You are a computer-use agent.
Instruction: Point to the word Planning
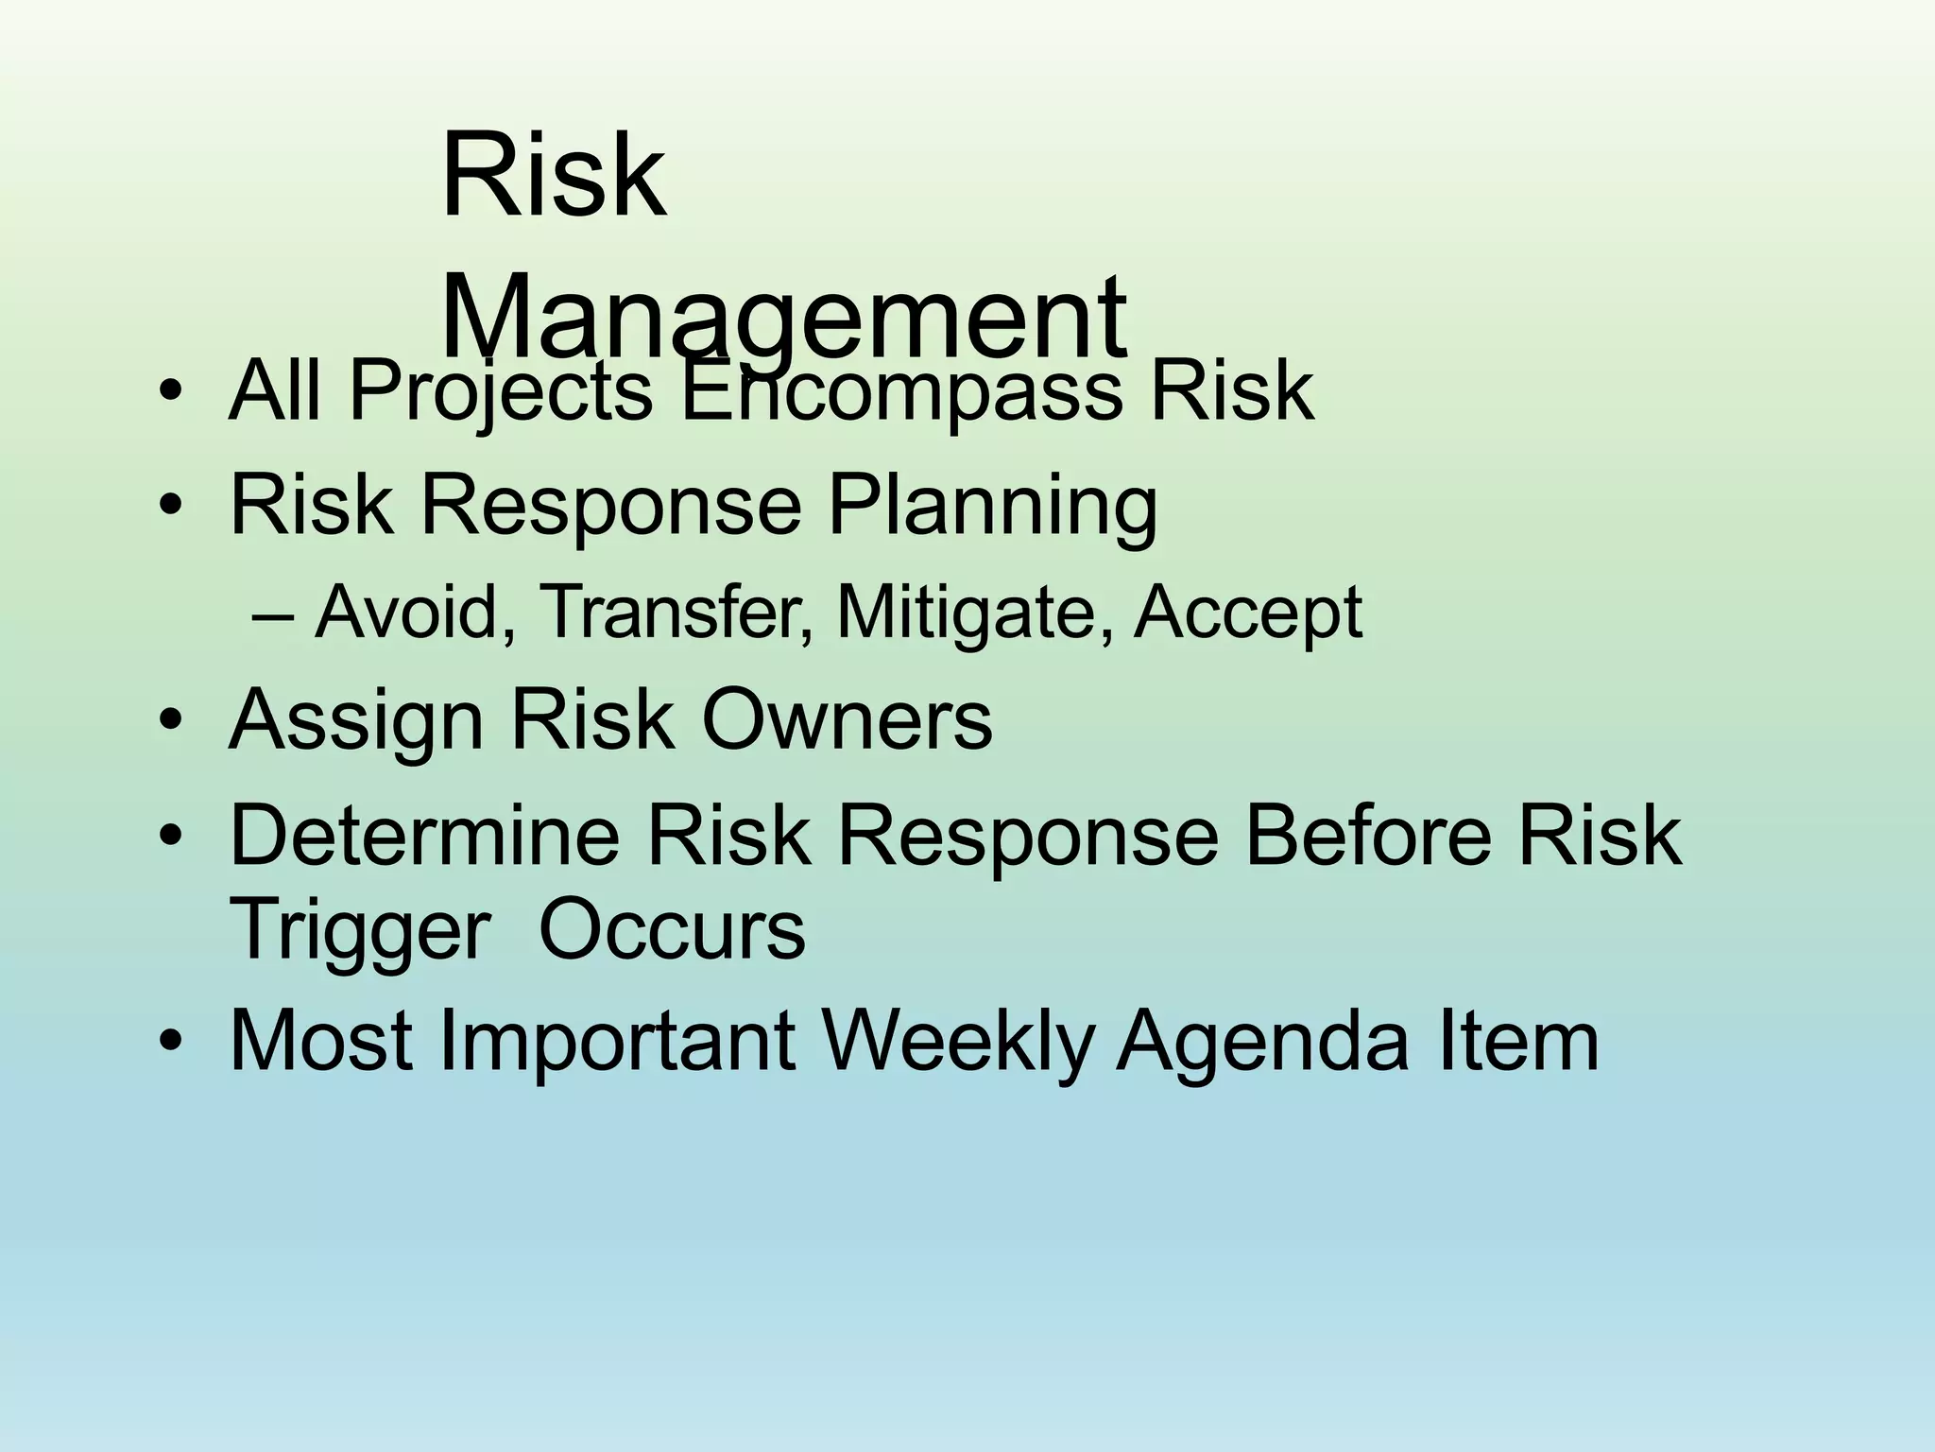click(992, 506)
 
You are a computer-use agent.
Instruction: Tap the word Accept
click(1247, 613)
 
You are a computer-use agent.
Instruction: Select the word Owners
click(846, 719)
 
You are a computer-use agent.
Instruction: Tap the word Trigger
click(360, 931)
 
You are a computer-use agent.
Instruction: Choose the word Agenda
click(1261, 1042)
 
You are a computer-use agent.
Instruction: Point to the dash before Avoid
click(274, 614)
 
